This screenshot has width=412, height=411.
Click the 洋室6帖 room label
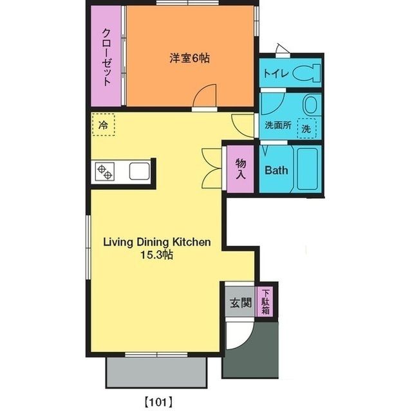pyautogui.click(x=191, y=58)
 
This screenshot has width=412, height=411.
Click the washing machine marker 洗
pyautogui.click(x=307, y=128)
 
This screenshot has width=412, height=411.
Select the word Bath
pyautogui.click(x=276, y=171)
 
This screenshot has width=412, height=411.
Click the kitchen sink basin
pyautogui.click(x=139, y=172)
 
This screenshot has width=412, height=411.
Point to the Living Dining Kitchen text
pyautogui.click(x=158, y=242)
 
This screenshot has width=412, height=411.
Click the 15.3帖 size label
pyautogui.click(x=157, y=255)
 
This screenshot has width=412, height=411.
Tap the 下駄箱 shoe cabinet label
pyautogui.click(x=265, y=302)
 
